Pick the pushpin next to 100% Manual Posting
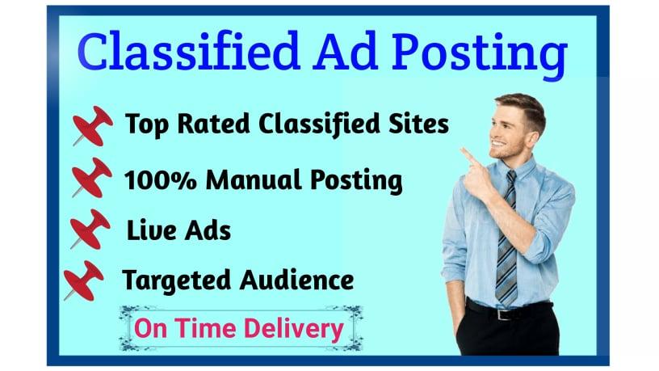(91, 177)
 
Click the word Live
(150, 231)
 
